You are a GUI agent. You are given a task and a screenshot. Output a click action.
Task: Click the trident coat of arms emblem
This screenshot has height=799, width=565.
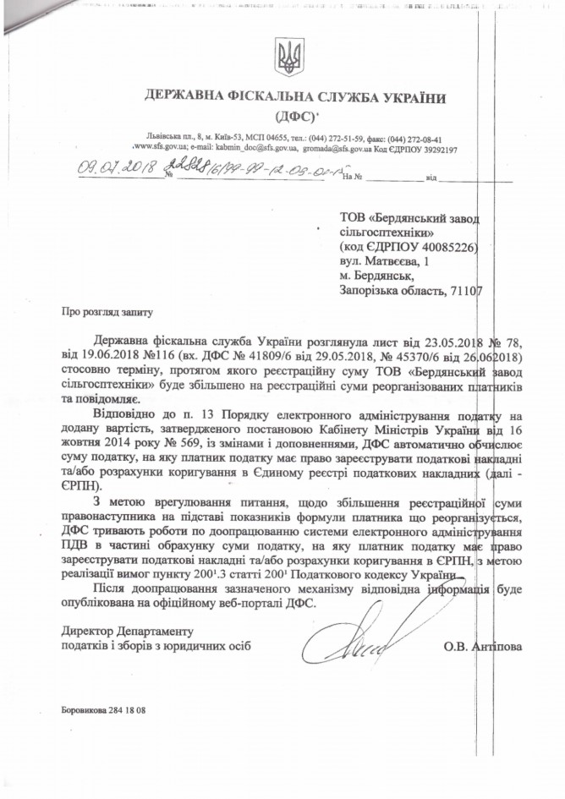click(x=289, y=57)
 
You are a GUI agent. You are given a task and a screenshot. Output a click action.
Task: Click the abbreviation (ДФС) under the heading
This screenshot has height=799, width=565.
click(x=290, y=114)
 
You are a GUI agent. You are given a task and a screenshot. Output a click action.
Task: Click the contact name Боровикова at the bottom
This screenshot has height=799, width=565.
click(x=88, y=709)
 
